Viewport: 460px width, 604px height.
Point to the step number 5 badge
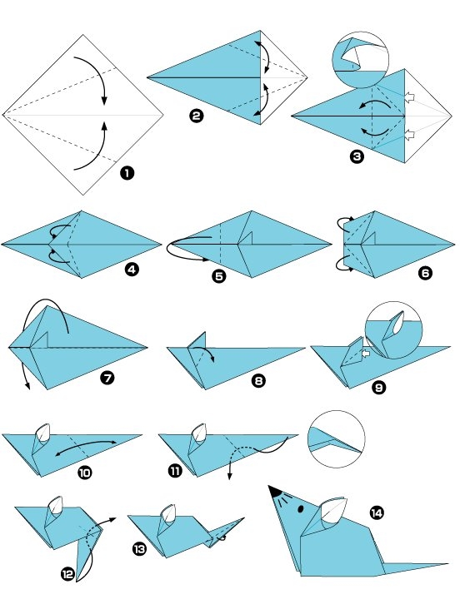coord(219,277)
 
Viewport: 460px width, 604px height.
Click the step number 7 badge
coord(106,378)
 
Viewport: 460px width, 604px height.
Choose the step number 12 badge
coord(67,573)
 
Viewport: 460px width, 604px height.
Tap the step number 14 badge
coord(377,512)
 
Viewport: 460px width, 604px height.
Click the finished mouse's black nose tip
coord(273,491)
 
